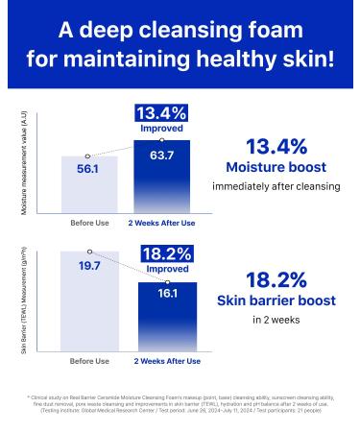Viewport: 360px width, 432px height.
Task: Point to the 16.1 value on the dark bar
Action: (162, 293)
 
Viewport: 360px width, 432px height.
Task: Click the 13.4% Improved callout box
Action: (161, 119)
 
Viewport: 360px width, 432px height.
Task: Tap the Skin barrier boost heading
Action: (277, 300)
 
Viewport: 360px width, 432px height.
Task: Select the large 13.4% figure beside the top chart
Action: (276, 146)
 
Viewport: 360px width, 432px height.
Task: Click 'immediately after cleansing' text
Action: (277, 187)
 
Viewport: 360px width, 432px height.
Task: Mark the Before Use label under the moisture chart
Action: (89, 223)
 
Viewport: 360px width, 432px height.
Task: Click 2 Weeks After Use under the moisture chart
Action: (162, 223)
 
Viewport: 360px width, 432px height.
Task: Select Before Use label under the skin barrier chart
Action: (89, 361)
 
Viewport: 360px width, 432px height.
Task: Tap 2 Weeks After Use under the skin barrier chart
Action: (167, 361)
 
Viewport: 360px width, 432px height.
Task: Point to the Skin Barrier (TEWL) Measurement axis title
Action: (24, 300)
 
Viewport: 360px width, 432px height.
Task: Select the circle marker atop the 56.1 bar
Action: (88, 155)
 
